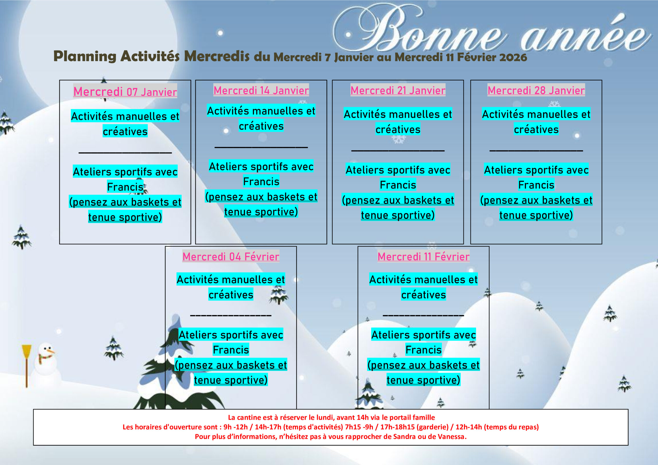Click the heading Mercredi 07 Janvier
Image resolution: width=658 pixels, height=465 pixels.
pos(125,92)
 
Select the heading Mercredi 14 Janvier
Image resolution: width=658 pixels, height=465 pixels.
pos(261,90)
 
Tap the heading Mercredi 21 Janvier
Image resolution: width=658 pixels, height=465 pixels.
pos(398,90)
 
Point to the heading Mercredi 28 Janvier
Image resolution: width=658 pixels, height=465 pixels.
pos(536,90)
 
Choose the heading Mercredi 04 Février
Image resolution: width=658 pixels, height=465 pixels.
pos(231,256)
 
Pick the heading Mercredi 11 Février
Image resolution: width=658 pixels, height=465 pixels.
pos(423,256)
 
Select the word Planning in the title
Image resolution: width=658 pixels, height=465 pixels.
pos(85,56)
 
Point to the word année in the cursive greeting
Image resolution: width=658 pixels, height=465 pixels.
pos(585,37)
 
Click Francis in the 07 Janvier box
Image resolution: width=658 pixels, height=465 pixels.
pos(125,187)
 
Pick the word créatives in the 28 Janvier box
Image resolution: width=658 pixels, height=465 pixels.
pos(536,129)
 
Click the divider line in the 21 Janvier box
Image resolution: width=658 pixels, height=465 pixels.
pos(398,150)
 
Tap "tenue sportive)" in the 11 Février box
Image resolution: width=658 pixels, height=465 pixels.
pos(423,380)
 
